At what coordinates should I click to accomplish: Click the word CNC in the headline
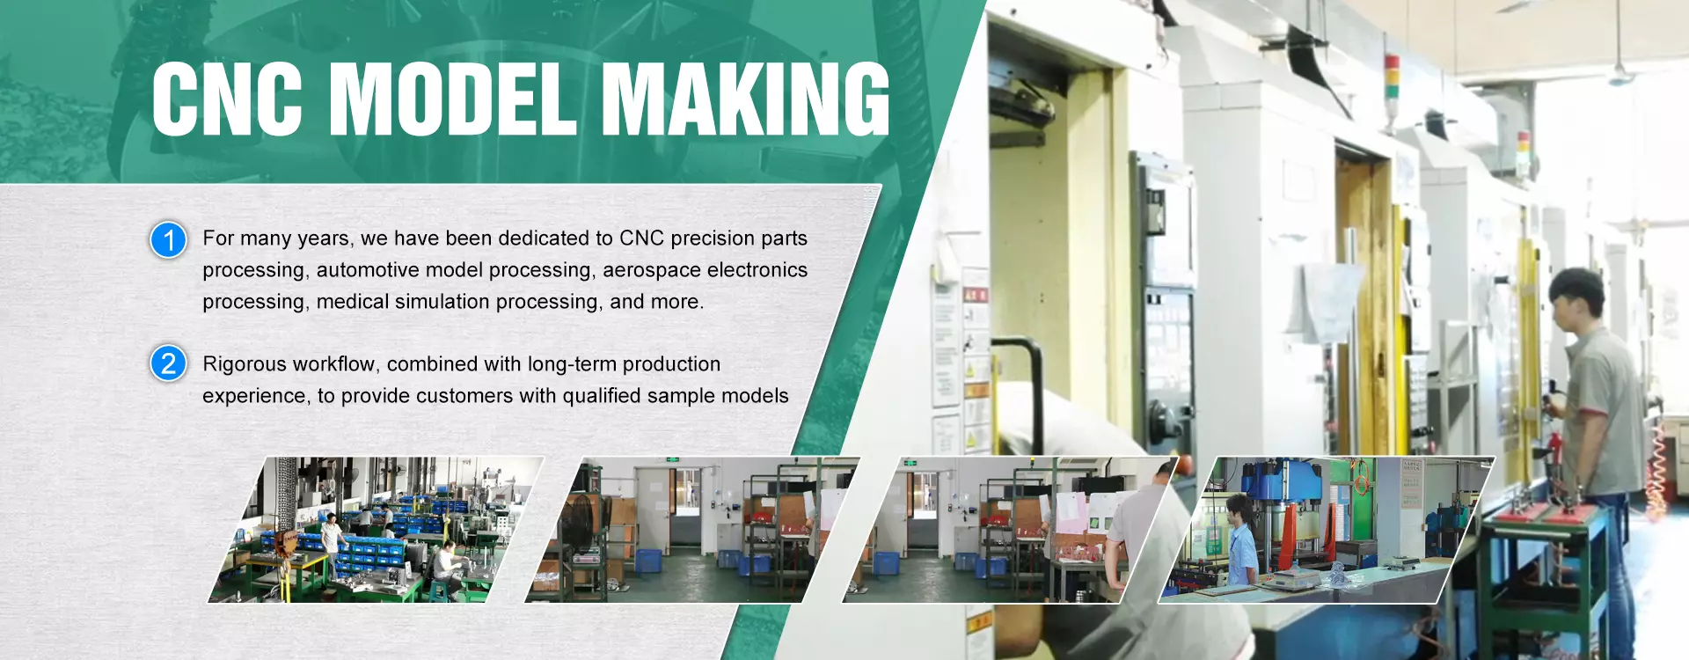pos(227,99)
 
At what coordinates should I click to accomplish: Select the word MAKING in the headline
pos(746,99)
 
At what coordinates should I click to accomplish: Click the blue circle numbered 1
pos(168,239)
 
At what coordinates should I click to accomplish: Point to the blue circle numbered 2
pos(168,363)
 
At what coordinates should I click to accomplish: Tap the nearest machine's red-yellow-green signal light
pos(1392,77)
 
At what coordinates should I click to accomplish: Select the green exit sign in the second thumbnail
pos(673,459)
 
